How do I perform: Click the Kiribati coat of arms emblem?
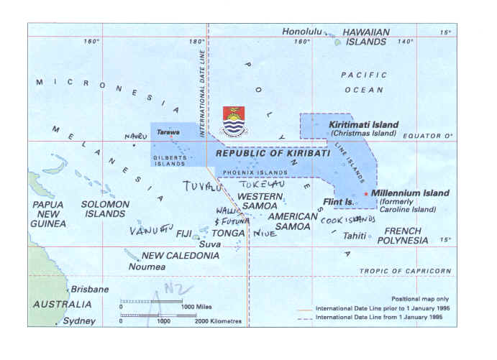point(234,121)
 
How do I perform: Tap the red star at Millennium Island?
point(366,194)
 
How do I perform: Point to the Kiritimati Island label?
point(363,125)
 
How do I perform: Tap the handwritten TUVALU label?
point(203,188)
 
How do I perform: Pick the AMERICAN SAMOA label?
point(291,221)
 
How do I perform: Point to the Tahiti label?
point(353,236)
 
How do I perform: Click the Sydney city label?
point(79,320)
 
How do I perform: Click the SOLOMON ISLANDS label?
point(106,209)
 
